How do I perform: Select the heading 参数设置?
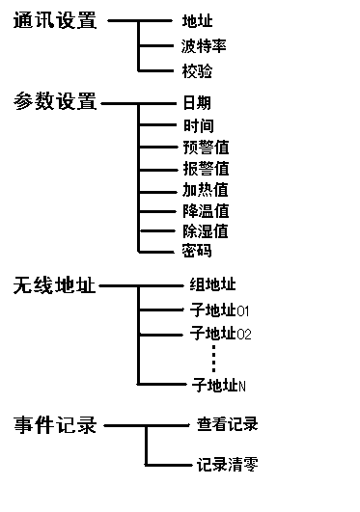pyautogui.click(x=55, y=101)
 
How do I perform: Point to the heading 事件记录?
pyautogui.click(x=55, y=424)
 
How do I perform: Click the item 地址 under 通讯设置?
pyautogui.click(x=197, y=20)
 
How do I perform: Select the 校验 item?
pyautogui.click(x=197, y=70)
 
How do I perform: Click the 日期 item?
pyautogui.click(x=197, y=102)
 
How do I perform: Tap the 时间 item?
pyautogui.click(x=197, y=125)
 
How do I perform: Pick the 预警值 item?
pyautogui.click(x=205, y=147)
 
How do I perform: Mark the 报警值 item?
pyautogui.click(x=205, y=168)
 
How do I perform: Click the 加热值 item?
pyautogui.click(x=205, y=189)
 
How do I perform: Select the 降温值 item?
pyautogui.click(x=205, y=210)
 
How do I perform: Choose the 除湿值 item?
pyautogui.click(x=205, y=230)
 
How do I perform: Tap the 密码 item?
pyautogui.click(x=197, y=251)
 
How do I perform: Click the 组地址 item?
pyautogui.click(x=212, y=285)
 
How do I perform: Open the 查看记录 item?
pyautogui.click(x=227, y=424)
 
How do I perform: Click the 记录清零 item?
pyautogui.click(x=227, y=465)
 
